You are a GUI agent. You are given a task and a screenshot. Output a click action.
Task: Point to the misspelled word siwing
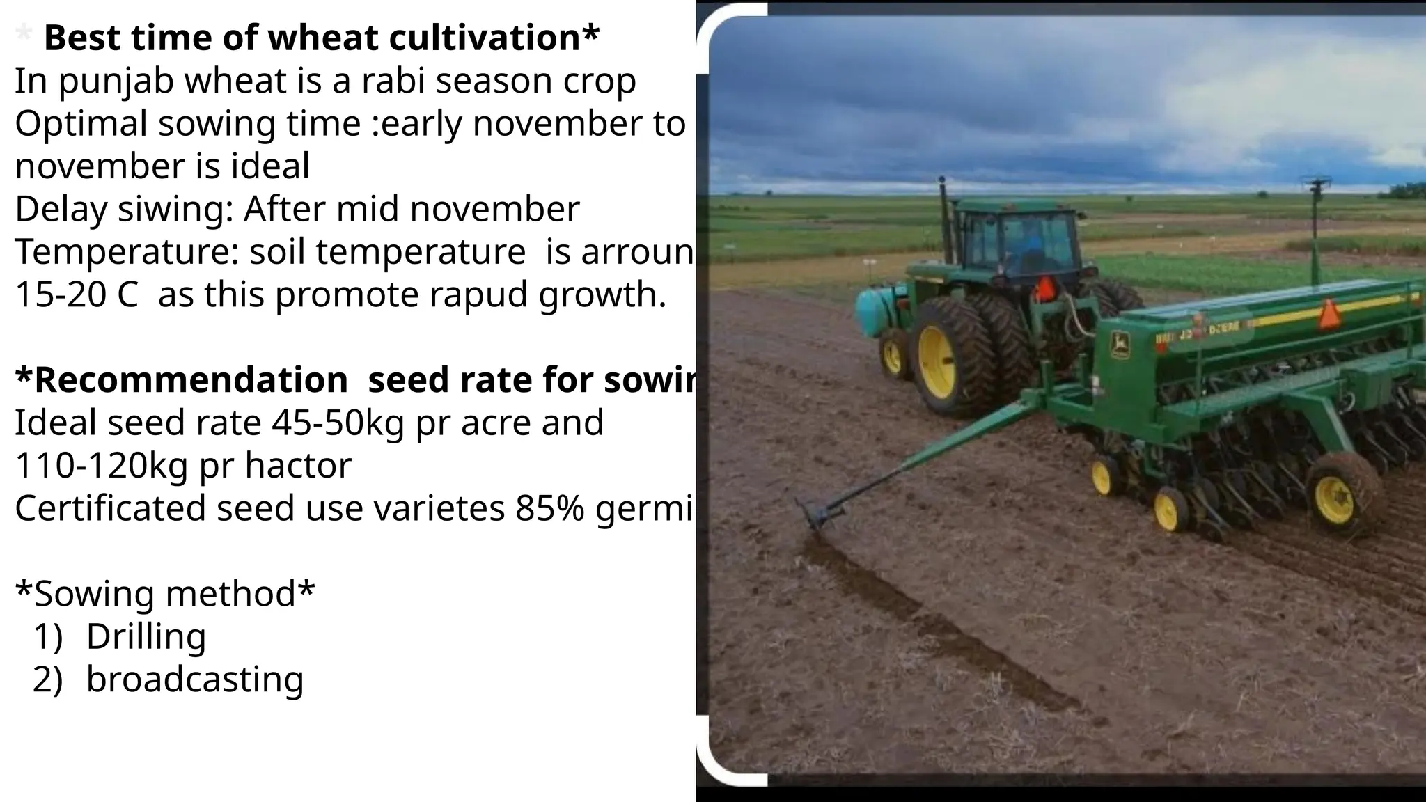175,210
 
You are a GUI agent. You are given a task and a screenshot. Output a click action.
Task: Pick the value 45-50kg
337,423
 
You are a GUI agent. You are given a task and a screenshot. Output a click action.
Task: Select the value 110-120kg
101,465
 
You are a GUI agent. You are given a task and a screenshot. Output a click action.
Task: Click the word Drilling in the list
146,636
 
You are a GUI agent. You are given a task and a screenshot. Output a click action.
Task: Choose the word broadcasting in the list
195,679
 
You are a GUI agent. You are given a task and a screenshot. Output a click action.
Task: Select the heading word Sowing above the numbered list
95,594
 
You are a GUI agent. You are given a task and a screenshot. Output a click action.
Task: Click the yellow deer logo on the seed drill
1120,345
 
